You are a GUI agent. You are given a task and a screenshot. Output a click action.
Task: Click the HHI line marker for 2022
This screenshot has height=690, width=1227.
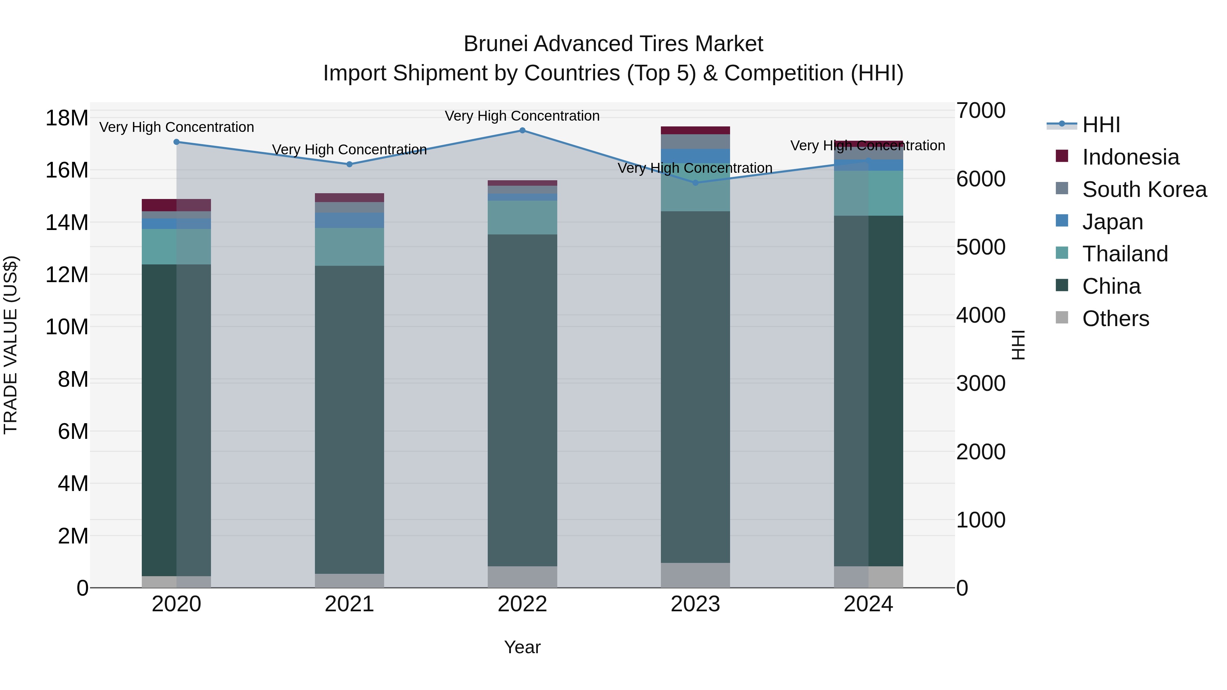point(522,131)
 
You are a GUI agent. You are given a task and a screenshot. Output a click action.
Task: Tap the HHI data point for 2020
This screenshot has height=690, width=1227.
point(176,142)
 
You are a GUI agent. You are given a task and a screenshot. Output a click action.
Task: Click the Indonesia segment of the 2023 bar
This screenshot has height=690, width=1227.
point(695,131)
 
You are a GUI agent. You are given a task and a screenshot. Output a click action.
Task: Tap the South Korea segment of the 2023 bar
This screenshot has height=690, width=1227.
point(695,141)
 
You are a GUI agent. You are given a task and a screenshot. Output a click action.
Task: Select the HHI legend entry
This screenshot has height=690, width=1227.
point(1101,125)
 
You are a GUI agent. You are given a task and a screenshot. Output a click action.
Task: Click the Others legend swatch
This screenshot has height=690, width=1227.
point(1062,318)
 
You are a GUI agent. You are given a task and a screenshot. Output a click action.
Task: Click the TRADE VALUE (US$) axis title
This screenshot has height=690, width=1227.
point(11,345)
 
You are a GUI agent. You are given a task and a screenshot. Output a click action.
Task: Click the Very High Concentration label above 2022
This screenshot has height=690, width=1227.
point(522,116)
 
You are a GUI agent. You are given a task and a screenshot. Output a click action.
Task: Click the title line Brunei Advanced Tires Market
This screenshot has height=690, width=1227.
point(613,44)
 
